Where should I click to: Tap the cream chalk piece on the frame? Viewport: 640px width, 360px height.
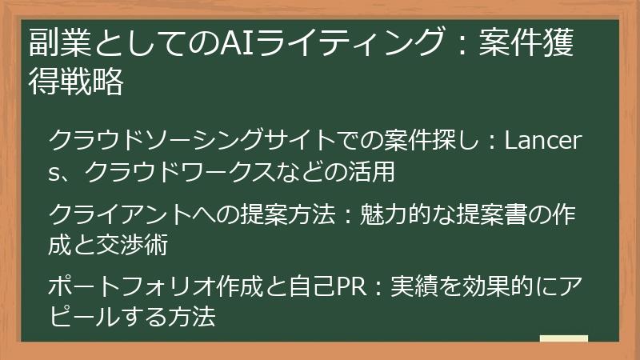click(563, 339)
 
